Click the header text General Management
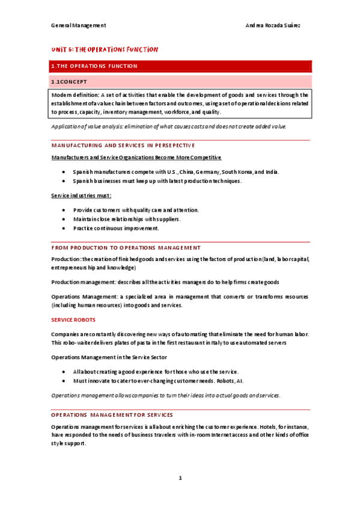coord(78,25)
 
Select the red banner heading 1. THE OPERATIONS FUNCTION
coord(95,66)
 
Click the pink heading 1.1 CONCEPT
coord(69,81)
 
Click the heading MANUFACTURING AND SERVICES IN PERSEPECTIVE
coord(123,145)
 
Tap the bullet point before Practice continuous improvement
coord(64,229)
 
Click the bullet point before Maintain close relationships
coord(64,219)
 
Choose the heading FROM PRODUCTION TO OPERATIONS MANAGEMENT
coord(126,247)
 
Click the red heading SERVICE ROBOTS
coord(73,319)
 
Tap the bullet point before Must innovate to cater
coord(64,381)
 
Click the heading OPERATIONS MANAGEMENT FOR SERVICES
coord(112,414)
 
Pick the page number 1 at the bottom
coord(180,479)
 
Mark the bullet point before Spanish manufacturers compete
coord(64,171)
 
